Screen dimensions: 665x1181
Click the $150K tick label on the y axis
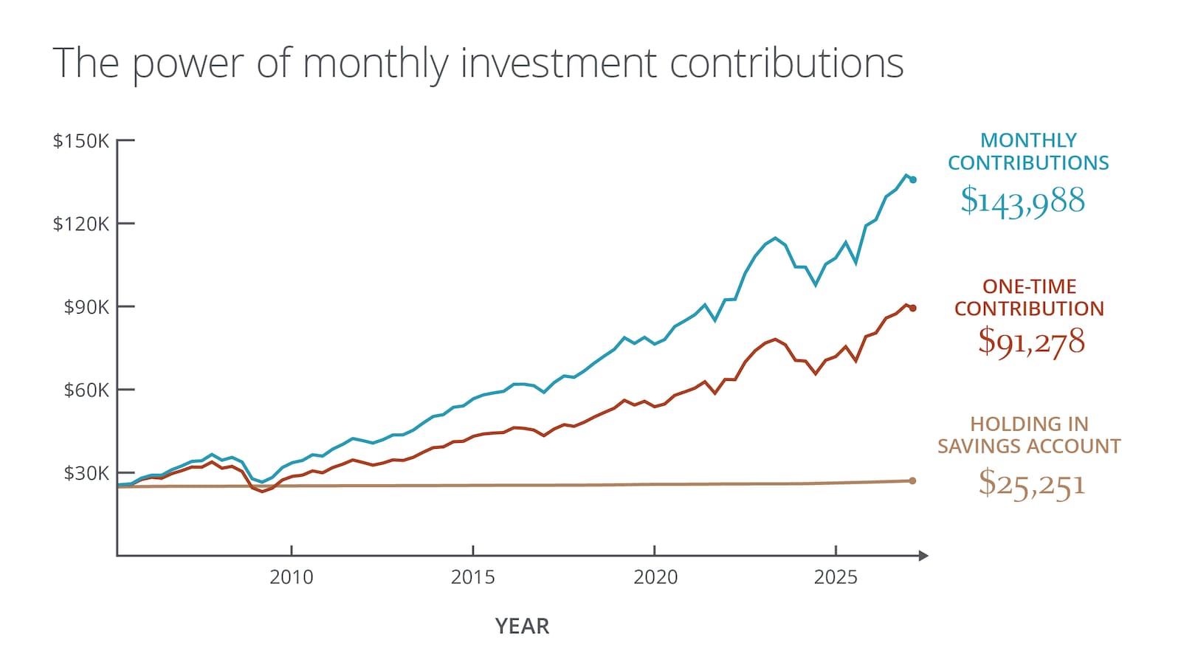pos(80,141)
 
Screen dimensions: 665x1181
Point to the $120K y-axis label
pos(80,224)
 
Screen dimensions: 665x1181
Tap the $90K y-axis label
pos(86,307)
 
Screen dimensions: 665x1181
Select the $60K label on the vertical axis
pos(86,390)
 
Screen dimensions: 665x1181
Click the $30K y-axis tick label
pos(86,473)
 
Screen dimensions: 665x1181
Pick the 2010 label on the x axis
pos(291,577)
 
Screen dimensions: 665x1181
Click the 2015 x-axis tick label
pos(472,577)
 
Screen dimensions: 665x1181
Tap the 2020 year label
pos(655,577)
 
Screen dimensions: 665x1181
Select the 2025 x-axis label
pos(836,577)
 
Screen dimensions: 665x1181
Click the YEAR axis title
pos(522,627)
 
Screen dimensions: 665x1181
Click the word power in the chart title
pos(187,63)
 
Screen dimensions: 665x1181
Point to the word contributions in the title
pos(786,63)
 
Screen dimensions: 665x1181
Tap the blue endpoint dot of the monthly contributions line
pos(913,179)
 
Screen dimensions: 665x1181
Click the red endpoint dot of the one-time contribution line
pos(913,308)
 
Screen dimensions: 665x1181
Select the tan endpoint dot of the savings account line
pos(913,480)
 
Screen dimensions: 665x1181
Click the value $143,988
pos(1023,201)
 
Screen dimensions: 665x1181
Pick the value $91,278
pos(1031,341)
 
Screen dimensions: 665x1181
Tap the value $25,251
pos(1031,484)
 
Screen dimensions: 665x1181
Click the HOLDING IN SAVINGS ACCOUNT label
pos(1029,435)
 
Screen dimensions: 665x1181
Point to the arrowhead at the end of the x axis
pos(924,555)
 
